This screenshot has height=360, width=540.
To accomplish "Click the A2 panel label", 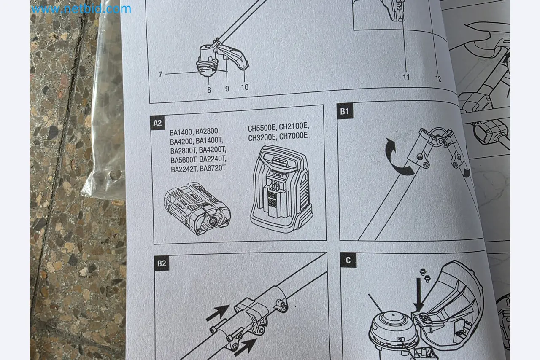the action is point(157,123).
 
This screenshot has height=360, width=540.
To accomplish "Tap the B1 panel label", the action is point(345,111).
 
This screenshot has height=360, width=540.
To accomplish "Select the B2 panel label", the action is point(162,263).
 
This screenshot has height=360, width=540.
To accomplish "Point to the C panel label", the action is point(348,260).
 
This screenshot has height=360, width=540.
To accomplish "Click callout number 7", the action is point(161,75).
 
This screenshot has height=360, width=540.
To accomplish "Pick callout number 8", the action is point(209,90).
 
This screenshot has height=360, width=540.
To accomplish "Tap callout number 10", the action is point(245,87).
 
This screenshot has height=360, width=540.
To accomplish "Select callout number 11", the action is point(406,77).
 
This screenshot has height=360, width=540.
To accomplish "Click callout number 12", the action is point(438,78).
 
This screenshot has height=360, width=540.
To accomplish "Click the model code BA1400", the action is point(181,132).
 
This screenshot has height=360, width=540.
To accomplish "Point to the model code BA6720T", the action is point(213,168).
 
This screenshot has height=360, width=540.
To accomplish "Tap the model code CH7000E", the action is point(293,136).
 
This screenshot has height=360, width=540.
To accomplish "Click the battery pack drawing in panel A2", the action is point(197,208).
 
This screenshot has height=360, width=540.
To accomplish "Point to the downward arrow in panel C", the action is point(419,295).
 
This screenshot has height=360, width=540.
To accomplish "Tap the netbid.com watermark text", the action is point(81,9).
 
